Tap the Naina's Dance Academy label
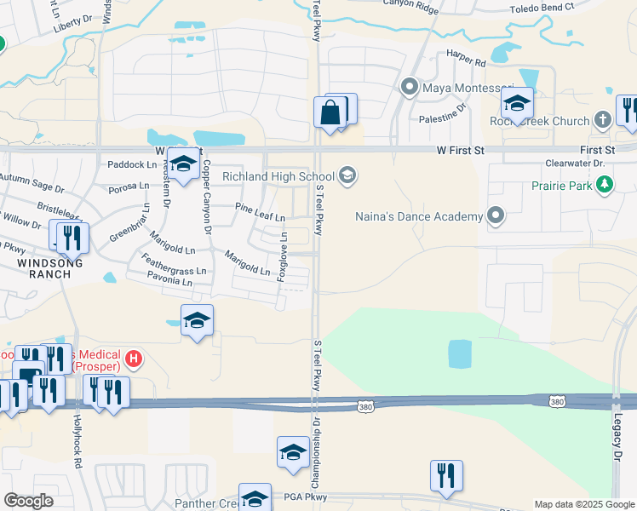click(418, 216)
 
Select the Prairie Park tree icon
click(605, 184)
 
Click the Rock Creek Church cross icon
click(603, 121)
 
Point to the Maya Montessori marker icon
click(410, 87)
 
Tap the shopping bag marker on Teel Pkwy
click(330, 112)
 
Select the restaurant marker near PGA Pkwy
click(445, 475)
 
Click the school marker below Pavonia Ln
click(197, 320)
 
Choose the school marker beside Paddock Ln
click(182, 165)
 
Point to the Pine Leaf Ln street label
click(260, 211)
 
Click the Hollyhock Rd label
click(77, 442)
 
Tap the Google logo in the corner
click(28, 501)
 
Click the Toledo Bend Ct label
click(541, 9)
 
